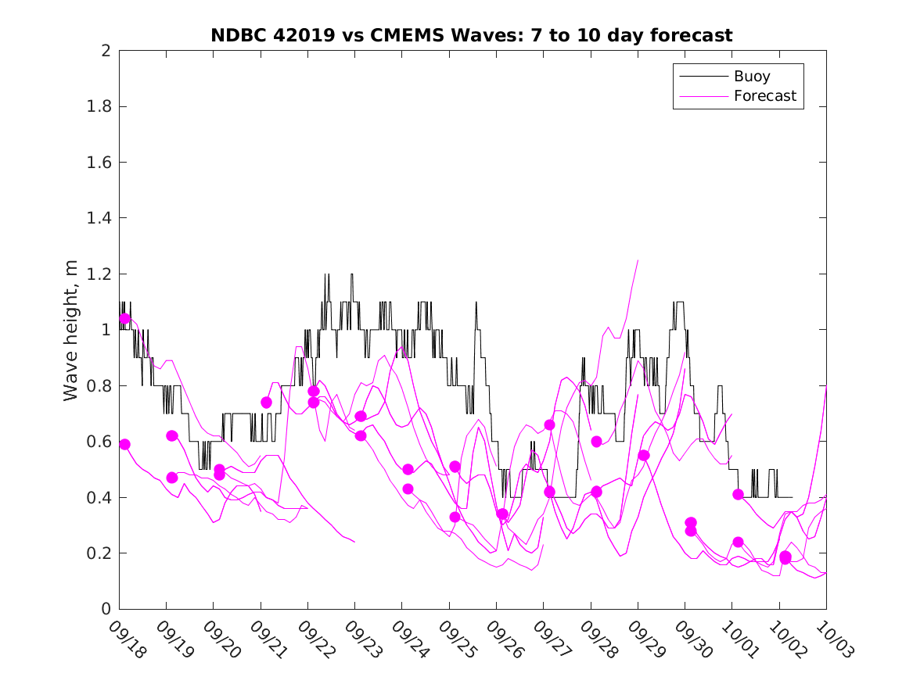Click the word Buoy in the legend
[x=751, y=77]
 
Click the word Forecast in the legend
[x=764, y=96]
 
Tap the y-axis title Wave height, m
[x=71, y=330]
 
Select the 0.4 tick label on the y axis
[x=100, y=498]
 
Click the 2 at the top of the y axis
[x=106, y=51]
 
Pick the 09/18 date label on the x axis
[x=128, y=639]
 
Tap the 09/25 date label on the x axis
[x=458, y=639]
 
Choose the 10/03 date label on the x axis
[x=835, y=639]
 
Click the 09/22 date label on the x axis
[x=317, y=639]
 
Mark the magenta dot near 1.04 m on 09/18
[x=125, y=318]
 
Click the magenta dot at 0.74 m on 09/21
[x=266, y=403]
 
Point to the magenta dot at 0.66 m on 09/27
[x=549, y=424]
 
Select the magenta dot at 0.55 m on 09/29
[x=644, y=455]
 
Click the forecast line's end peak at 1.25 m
[x=638, y=260]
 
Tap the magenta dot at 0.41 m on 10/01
[x=738, y=494]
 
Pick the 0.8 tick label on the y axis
[x=100, y=386]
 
